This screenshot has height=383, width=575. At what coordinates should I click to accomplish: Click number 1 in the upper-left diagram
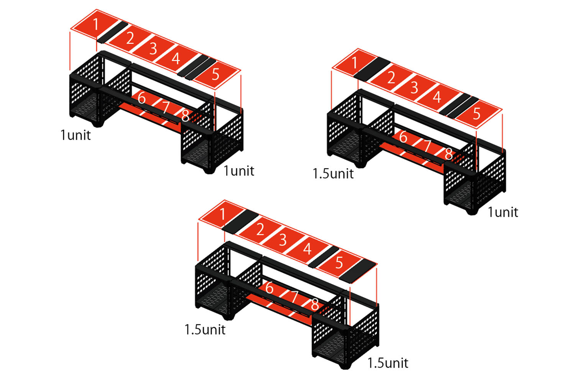click(x=95, y=24)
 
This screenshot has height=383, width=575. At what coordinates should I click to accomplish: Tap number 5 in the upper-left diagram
click(x=215, y=74)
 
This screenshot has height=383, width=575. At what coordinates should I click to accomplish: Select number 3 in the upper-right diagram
click(x=414, y=88)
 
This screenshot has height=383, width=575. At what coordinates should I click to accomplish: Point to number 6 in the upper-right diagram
click(x=403, y=136)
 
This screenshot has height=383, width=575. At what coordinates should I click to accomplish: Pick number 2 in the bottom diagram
click(x=260, y=229)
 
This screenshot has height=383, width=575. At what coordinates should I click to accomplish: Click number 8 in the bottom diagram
click(x=315, y=304)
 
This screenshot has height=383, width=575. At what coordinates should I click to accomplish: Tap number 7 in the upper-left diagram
click(x=166, y=108)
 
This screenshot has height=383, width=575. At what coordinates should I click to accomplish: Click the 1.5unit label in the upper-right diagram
click(x=333, y=173)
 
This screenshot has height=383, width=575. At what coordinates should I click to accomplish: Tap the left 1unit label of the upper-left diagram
click(x=76, y=135)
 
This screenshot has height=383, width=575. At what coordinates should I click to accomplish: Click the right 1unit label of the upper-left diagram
click(x=239, y=171)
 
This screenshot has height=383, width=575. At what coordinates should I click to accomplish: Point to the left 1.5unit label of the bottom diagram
click(x=205, y=330)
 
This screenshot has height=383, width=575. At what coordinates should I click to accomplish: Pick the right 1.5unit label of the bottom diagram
click(x=388, y=363)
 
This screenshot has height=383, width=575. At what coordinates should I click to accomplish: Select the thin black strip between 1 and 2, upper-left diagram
click(x=112, y=32)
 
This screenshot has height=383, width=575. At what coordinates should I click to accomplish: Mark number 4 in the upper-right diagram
click(x=437, y=97)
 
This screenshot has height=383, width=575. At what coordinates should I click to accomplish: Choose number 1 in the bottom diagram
click(x=223, y=214)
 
